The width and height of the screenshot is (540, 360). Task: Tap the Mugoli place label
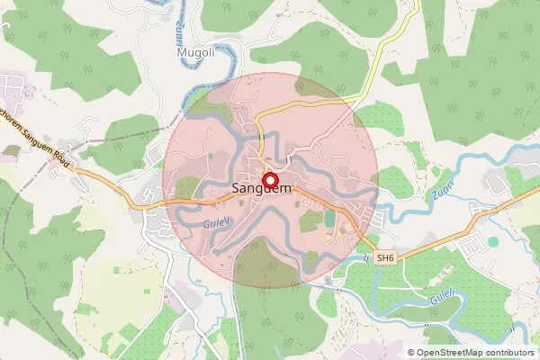pyautogui.click(x=195, y=53)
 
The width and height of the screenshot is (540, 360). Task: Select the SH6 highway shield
pyautogui.click(x=385, y=257)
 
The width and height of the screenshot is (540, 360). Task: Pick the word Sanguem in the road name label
pyautogui.click(x=38, y=144)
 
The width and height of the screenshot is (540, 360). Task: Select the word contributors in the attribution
pyautogui.click(x=509, y=353)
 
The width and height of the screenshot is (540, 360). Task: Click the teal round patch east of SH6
pyautogui.click(x=492, y=241)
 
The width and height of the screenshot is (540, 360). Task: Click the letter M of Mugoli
pyautogui.click(x=181, y=53)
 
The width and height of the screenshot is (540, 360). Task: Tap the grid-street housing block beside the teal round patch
pyautogui.click(x=468, y=247)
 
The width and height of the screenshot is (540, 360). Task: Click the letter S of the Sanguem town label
pyautogui.click(x=236, y=190)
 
